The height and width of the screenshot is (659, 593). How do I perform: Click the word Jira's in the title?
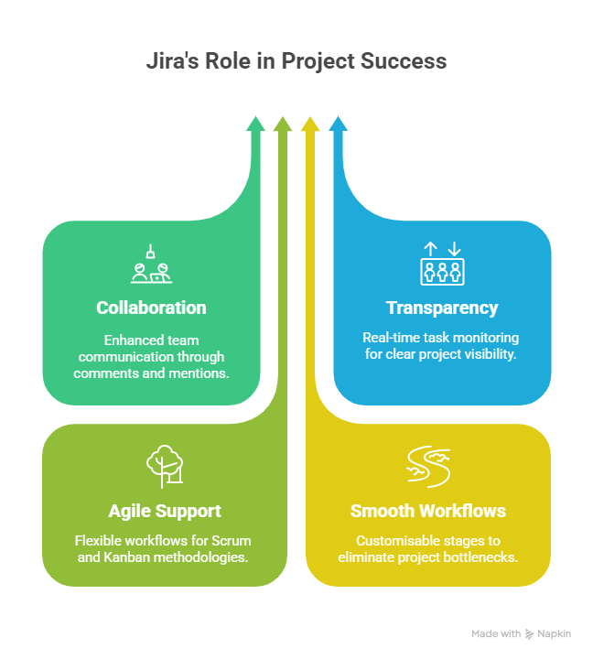tap(172, 62)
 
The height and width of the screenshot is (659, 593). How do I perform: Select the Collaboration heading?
tap(151, 308)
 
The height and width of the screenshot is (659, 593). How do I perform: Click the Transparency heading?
tap(441, 308)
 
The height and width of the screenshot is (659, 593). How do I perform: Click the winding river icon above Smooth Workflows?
tap(427, 466)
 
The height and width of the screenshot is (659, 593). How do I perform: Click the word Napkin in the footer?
tap(555, 633)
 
